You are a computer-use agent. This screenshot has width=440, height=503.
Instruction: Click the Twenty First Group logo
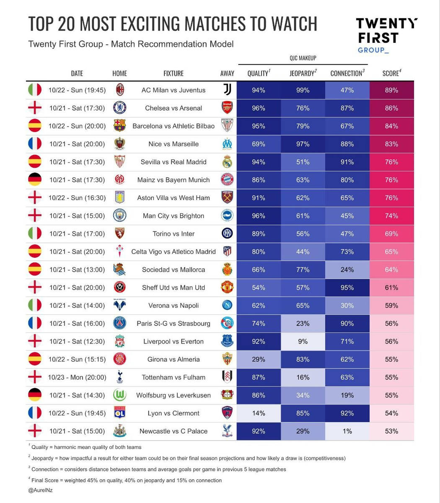pos(386,36)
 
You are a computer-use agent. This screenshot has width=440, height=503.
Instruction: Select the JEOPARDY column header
pos(303,73)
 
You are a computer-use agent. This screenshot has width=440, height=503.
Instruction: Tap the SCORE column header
pos(391,73)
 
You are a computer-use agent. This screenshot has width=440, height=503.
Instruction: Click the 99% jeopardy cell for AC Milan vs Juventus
pos(303,90)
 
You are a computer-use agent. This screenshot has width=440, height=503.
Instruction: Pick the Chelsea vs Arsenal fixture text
pos(173,108)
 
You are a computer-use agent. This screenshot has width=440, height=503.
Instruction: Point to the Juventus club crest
pos(227,90)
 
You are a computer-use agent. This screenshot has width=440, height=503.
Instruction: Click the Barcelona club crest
pos(119,126)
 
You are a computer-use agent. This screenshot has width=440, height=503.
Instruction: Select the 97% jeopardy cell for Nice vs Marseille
pos(303,144)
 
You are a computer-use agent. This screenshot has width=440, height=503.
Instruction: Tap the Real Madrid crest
pos(227,162)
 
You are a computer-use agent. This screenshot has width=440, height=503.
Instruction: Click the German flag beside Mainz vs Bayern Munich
pos(35,180)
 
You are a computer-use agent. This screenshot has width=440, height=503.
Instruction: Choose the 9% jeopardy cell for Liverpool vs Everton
pos(303,341)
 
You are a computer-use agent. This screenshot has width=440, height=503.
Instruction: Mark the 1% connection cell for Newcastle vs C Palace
pos(347,431)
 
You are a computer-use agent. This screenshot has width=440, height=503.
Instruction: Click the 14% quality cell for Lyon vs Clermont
pos(259,413)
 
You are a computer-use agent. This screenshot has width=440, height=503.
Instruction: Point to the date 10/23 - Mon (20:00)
pos(77,377)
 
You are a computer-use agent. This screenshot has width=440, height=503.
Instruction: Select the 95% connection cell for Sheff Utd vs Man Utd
pos(347,288)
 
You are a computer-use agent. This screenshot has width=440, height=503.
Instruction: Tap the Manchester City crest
pos(119,216)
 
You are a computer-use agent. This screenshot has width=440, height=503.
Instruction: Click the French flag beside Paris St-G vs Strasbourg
pos(35,323)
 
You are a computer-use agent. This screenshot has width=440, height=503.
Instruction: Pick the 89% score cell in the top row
pos(391,90)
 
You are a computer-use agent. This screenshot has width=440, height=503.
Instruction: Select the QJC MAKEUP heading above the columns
pos(303,58)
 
